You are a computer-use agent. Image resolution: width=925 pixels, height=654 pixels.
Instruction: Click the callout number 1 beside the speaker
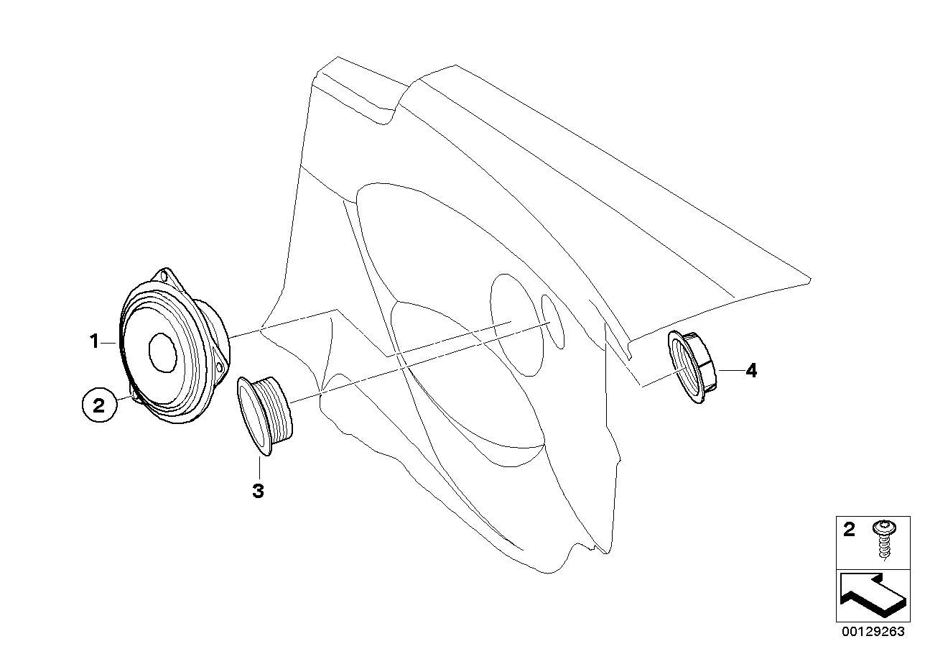click(94, 341)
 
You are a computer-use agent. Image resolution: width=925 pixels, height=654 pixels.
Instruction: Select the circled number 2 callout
click(99, 405)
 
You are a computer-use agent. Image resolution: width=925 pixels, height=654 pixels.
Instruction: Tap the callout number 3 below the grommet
click(258, 492)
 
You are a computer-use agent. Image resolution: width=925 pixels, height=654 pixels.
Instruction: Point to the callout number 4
click(751, 371)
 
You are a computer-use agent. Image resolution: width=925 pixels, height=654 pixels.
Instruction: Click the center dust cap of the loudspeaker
click(163, 351)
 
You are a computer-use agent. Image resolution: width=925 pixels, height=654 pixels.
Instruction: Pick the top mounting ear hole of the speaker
click(164, 275)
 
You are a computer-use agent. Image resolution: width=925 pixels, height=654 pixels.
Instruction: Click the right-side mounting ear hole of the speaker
click(219, 368)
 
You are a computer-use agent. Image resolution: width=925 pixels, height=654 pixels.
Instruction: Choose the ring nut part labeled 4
click(692, 367)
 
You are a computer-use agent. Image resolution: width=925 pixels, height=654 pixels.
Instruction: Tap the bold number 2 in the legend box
click(849, 530)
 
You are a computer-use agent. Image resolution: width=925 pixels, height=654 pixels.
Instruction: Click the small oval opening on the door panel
click(552, 321)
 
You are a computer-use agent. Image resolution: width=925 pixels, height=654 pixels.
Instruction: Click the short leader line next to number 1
click(109, 343)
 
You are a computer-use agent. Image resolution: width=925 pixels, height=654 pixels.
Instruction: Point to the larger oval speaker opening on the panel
click(517, 325)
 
